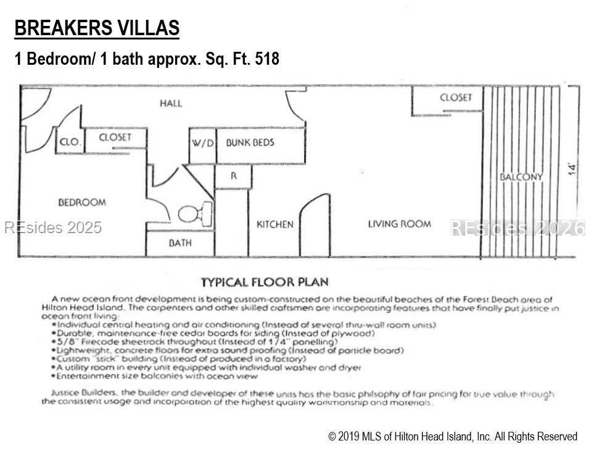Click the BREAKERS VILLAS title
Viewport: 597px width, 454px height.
pos(97,28)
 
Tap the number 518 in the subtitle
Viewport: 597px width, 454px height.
pos(267,59)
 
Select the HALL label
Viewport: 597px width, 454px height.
pos(171,103)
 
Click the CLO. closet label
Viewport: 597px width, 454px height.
pos(70,142)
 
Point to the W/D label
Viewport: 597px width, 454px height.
pos(202,143)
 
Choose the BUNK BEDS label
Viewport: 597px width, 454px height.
pos(250,142)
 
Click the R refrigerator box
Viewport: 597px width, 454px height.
pos(233,176)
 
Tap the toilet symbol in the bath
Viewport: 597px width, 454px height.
pos(196,213)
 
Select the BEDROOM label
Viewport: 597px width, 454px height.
pos(82,202)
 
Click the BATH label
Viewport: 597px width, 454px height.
pos(180,242)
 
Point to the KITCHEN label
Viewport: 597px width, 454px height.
pos(275,225)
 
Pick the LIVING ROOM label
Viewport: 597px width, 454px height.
pos(400,224)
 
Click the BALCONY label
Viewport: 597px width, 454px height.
pos(521,177)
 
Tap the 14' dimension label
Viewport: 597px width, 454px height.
pos(572,169)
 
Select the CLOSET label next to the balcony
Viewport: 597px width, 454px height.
pos(456,97)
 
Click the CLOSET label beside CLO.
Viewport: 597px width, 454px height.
pos(115,137)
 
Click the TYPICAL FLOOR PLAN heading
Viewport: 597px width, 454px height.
pos(265,283)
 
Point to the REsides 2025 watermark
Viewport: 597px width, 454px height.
pos(53,228)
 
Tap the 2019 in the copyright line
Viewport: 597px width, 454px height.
pos(348,437)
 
